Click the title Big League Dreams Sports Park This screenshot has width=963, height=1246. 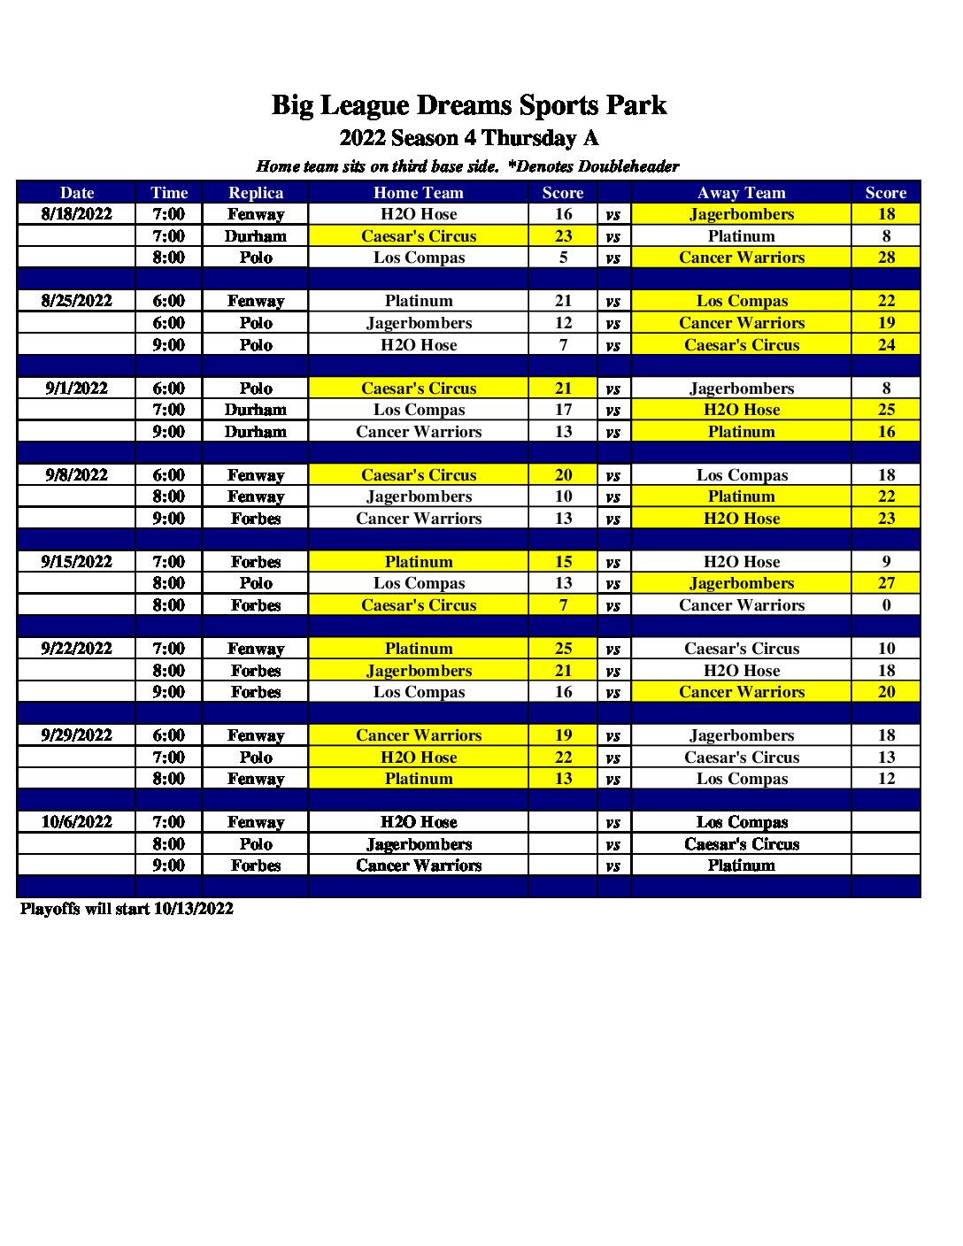click(x=468, y=105)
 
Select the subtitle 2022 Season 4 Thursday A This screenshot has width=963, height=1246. click(x=468, y=138)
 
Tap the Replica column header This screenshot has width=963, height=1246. click(x=256, y=193)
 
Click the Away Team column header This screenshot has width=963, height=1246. click(x=741, y=193)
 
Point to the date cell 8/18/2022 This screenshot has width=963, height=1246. click(x=77, y=214)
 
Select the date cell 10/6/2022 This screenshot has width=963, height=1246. click(x=77, y=822)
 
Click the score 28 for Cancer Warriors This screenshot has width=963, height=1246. click(x=886, y=258)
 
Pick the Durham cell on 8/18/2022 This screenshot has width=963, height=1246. click(x=256, y=236)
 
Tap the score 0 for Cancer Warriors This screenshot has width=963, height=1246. click(x=886, y=605)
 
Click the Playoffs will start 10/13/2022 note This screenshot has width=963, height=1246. click(x=127, y=909)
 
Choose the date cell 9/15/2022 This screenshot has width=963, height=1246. click(x=77, y=562)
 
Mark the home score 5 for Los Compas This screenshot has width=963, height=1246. click(x=563, y=258)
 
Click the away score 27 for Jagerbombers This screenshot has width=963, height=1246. click(x=886, y=583)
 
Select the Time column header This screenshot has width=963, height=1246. click(x=169, y=193)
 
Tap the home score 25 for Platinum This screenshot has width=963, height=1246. click(x=563, y=649)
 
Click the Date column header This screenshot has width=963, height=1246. click(x=77, y=193)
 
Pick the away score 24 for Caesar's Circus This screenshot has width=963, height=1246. click(x=886, y=345)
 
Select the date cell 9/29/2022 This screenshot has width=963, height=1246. click(x=77, y=735)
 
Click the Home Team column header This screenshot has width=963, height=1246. click(x=419, y=193)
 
